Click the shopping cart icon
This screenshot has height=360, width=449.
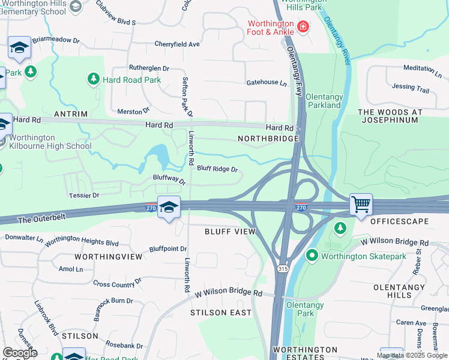(361, 204)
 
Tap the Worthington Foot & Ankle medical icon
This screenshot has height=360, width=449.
(303, 26)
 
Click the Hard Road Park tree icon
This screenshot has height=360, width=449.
(94, 79)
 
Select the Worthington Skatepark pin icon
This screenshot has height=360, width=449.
(312, 256)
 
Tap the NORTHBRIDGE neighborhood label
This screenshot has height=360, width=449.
(268, 139)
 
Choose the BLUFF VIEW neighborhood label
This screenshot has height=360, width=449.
(230, 232)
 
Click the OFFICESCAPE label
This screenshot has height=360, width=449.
(399, 221)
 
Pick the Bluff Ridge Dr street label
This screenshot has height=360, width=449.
(217, 169)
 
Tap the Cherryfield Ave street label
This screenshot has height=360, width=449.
(176, 44)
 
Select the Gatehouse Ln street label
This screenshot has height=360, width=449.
(267, 82)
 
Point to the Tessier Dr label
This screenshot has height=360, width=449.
(83, 196)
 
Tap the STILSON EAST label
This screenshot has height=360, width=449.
(217, 313)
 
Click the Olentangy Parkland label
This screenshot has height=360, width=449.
(323, 101)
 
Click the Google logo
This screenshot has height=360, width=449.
(20, 353)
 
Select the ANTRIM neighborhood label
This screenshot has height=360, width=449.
(71, 114)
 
